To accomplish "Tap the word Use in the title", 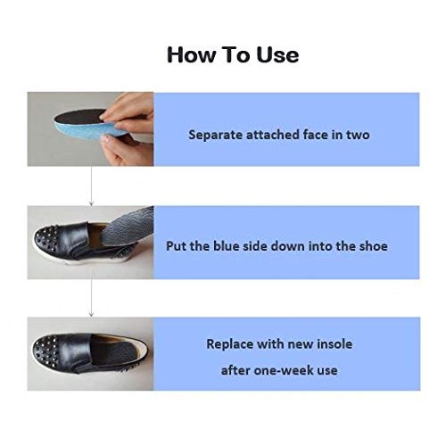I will (277, 55).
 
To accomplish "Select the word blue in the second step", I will (233, 245).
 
